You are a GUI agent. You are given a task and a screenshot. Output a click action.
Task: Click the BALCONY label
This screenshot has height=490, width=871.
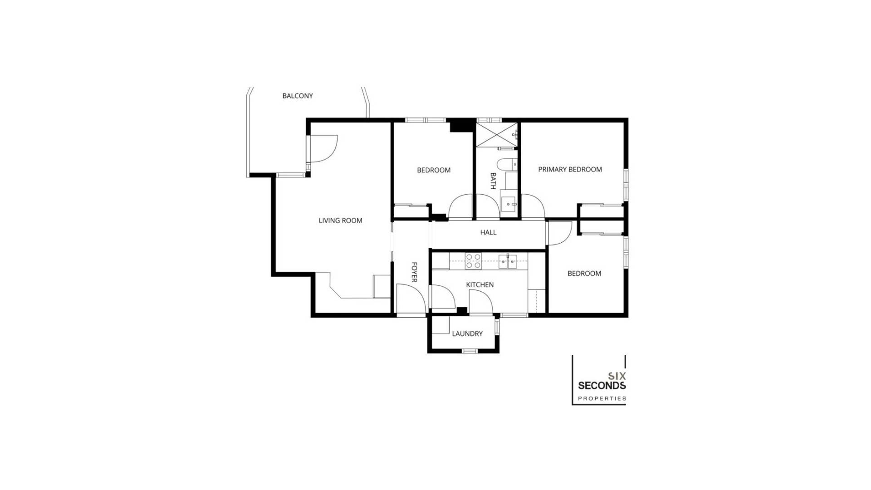(x=298, y=96)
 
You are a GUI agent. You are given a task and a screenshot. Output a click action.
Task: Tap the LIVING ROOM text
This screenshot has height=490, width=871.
(x=340, y=220)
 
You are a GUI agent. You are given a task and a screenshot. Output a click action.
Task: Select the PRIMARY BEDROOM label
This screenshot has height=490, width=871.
(x=570, y=169)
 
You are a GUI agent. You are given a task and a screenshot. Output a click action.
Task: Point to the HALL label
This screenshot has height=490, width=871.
(x=488, y=232)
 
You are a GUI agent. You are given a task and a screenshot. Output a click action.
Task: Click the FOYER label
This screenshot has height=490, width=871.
(x=414, y=272)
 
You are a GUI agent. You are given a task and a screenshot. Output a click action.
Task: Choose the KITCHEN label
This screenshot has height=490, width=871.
(x=480, y=284)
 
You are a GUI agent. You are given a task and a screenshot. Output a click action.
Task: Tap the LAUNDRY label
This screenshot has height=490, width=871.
(x=467, y=333)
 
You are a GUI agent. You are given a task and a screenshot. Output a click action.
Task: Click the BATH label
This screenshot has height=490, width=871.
(x=493, y=181)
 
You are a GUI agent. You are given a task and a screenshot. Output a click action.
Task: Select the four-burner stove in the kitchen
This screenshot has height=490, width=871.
(x=473, y=261)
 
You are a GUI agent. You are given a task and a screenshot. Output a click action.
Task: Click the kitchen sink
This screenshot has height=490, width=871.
(x=508, y=261)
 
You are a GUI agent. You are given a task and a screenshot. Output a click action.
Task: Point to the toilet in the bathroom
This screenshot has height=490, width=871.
(x=506, y=164)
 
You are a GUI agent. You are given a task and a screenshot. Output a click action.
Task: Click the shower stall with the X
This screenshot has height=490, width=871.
(x=496, y=134)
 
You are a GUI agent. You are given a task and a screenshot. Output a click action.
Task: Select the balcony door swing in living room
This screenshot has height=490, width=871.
(x=323, y=148)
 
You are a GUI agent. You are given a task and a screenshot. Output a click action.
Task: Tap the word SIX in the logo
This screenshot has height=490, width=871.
(x=617, y=376)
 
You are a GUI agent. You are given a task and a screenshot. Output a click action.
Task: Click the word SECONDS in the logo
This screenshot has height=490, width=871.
(x=602, y=386)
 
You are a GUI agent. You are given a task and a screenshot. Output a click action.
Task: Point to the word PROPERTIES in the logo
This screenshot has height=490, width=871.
(x=602, y=398)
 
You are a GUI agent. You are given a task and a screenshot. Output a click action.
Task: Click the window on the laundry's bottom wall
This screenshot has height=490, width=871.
(x=470, y=351)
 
